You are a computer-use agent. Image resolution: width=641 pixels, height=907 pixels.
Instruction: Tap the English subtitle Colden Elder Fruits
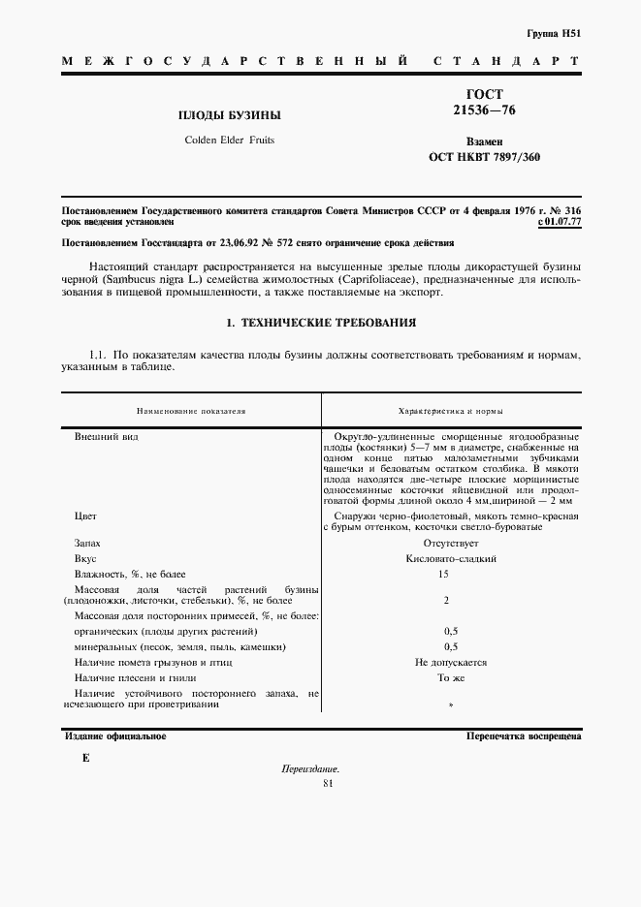tap(229, 141)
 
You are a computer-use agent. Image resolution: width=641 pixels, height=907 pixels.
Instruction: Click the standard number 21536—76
tap(484, 110)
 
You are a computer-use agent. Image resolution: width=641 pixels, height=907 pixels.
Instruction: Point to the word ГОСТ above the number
tap(484, 95)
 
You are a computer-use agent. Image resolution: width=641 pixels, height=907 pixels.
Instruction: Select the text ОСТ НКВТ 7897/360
tap(484, 157)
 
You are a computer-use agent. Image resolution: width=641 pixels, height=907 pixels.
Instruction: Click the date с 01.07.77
tap(559, 222)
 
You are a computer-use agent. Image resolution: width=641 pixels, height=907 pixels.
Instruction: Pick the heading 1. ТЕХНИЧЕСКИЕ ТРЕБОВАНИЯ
tap(320, 322)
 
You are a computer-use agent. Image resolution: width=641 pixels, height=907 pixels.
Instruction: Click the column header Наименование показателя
tap(191, 411)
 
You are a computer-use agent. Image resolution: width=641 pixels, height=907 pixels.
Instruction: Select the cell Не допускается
tap(450, 662)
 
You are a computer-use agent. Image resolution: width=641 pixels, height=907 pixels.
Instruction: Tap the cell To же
tap(450, 677)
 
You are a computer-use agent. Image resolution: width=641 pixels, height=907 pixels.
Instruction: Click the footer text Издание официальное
tap(115, 736)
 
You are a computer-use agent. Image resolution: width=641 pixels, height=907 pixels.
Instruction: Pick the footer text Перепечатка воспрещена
tap(523, 736)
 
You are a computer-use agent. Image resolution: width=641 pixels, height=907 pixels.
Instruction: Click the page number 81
tap(327, 784)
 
